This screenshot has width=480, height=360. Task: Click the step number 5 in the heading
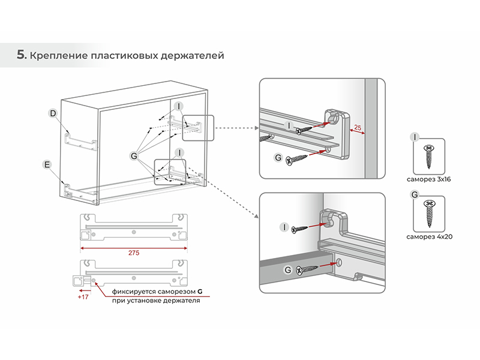tap(21, 55)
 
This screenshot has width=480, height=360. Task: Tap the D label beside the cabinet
tap(53, 113)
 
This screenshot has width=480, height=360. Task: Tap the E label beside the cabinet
tap(46, 164)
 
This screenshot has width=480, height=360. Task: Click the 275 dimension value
tap(134, 253)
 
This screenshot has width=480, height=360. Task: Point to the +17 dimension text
tap(83, 296)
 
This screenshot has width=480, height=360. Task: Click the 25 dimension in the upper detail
tap(358, 128)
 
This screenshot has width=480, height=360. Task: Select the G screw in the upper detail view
tap(298, 159)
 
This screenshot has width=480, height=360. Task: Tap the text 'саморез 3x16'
tap(428, 179)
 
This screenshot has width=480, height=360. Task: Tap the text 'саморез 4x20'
tap(428, 237)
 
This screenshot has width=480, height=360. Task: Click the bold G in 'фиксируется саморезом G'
tap(200, 291)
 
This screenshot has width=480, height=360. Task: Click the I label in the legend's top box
tap(414, 137)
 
